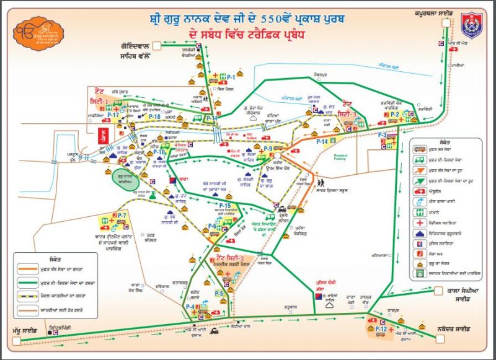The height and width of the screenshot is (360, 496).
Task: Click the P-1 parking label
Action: point(231,77)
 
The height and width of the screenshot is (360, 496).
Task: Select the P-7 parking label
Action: point(122,215)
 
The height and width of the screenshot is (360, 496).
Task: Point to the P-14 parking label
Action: point(322,142)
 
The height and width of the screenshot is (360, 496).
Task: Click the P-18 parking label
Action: point(154,116)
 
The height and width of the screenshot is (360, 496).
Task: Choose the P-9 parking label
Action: point(268,148)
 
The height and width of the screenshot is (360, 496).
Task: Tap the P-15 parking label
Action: point(225,205)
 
